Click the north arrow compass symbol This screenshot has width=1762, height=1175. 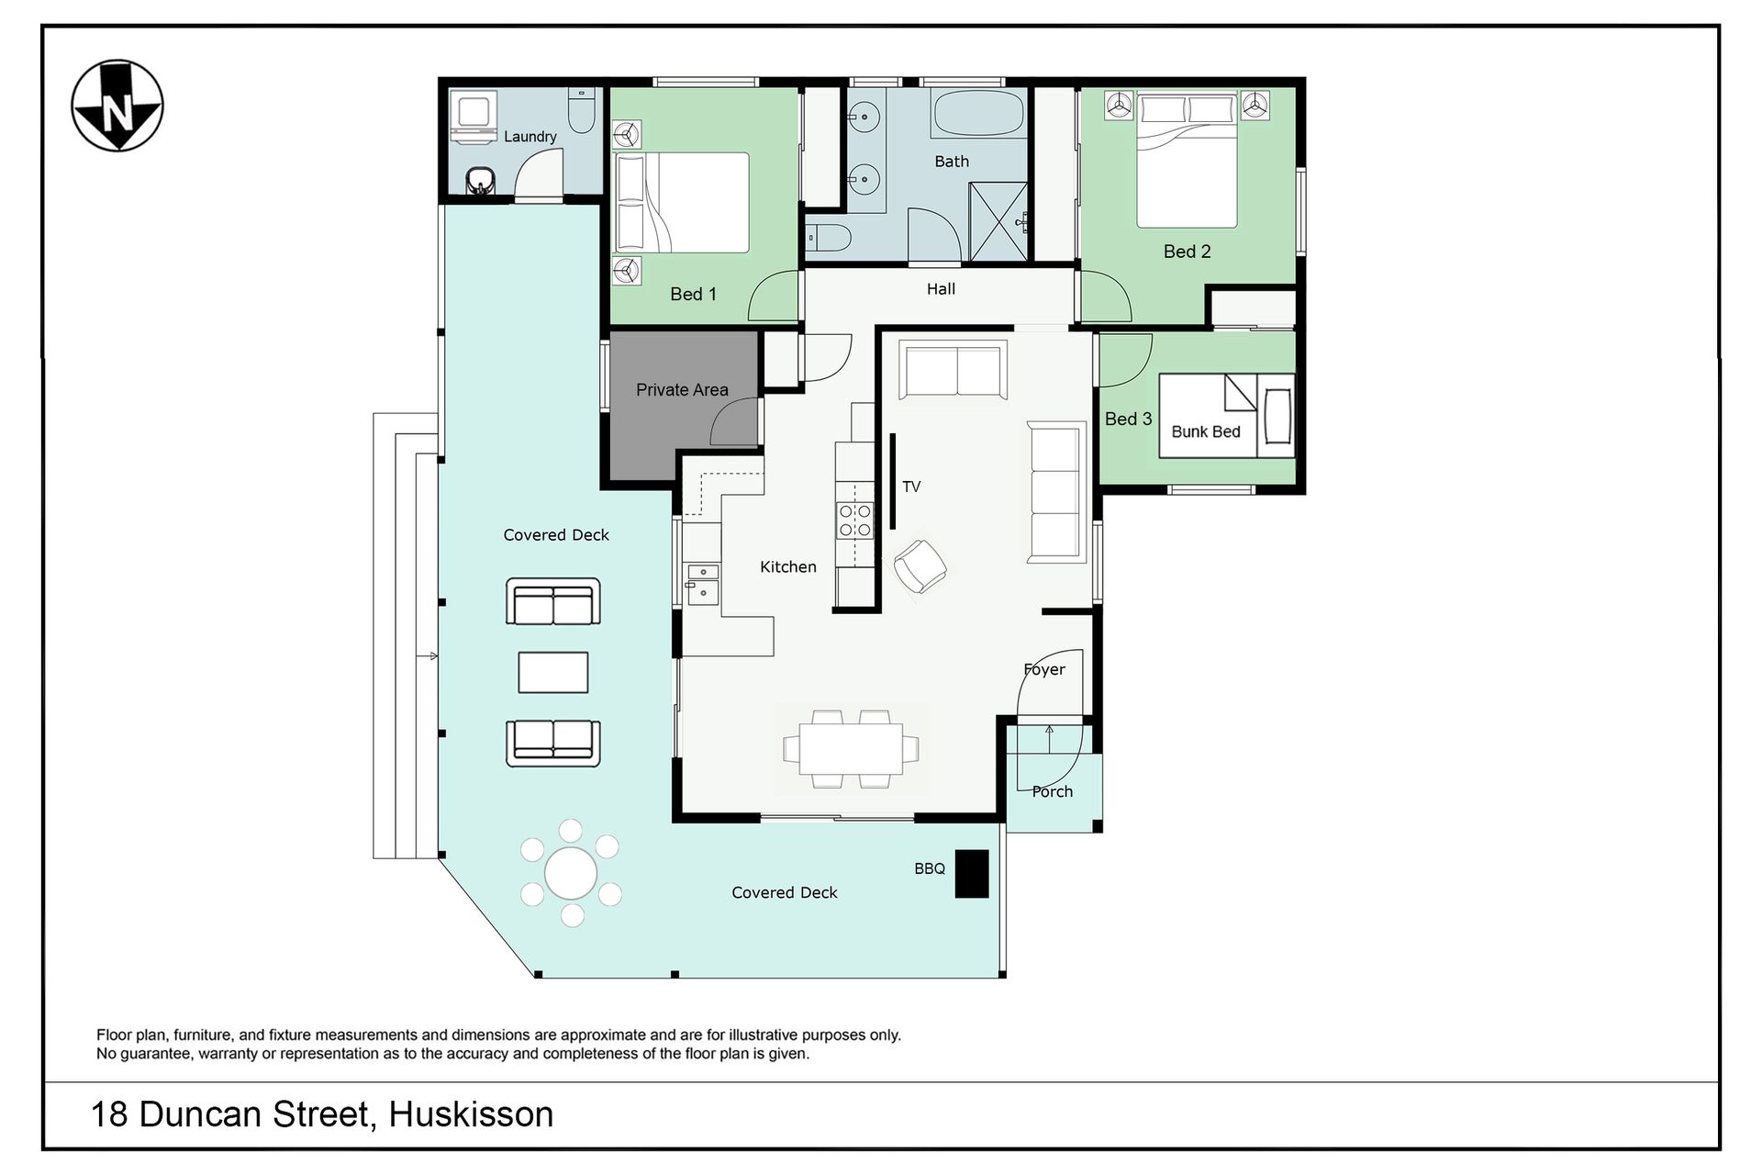(x=117, y=106)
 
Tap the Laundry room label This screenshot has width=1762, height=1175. (x=530, y=137)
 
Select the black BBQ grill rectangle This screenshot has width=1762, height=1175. (x=972, y=873)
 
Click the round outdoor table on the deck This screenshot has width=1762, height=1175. (x=571, y=873)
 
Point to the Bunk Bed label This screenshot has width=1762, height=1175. (x=1206, y=431)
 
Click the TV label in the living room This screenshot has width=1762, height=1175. (x=911, y=487)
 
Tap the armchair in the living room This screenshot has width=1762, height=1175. (x=920, y=565)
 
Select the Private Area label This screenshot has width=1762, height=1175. (x=682, y=390)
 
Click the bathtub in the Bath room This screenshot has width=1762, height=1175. (x=977, y=114)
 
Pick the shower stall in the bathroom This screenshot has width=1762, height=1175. (x=998, y=221)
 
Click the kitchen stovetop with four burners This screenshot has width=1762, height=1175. (x=854, y=520)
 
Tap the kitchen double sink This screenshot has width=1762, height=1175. (x=702, y=585)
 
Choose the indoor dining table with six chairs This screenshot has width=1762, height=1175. (x=851, y=749)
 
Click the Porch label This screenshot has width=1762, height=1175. (x=1052, y=791)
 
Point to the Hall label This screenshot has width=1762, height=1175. (x=941, y=289)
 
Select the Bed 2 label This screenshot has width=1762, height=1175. (x=1187, y=252)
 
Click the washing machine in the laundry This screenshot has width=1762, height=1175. (x=474, y=116)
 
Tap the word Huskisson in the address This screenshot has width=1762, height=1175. (x=471, y=1114)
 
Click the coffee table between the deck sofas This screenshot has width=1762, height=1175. (x=552, y=672)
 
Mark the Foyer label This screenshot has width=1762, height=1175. (x=1044, y=670)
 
